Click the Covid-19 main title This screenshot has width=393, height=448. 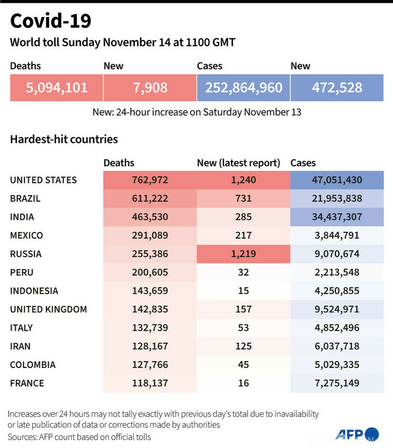pyautogui.click(x=50, y=21)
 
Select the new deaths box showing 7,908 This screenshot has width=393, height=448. pyautogui.click(x=150, y=87)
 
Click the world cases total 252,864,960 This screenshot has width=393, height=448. pyautogui.click(x=244, y=87)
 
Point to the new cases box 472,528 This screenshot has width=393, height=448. pyautogui.click(x=337, y=87)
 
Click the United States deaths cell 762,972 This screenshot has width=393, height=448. pyautogui.click(x=150, y=180)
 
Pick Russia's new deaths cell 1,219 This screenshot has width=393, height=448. pyautogui.click(x=244, y=254)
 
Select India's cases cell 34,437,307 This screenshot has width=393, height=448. pyautogui.click(x=337, y=217)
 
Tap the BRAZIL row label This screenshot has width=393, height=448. pyautogui.click(x=25, y=198)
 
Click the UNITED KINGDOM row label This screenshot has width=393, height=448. pyautogui.click(x=49, y=309)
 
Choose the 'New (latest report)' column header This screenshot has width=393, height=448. pyautogui.click(x=239, y=163)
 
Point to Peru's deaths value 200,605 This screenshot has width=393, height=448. pyautogui.click(x=150, y=272)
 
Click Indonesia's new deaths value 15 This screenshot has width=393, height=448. pyautogui.click(x=244, y=291)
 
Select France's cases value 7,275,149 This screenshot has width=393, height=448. pyautogui.click(x=337, y=383)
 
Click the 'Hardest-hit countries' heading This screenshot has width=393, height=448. pyautogui.click(x=64, y=140)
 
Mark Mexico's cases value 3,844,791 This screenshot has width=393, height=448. pyautogui.click(x=337, y=235)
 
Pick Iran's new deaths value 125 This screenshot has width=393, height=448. pyautogui.click(x=244, y=346)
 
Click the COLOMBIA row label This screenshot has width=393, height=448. pyautogui.click(x=33, y=365)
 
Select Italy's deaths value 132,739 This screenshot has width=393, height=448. pyautogui.click(x=150, y=328)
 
